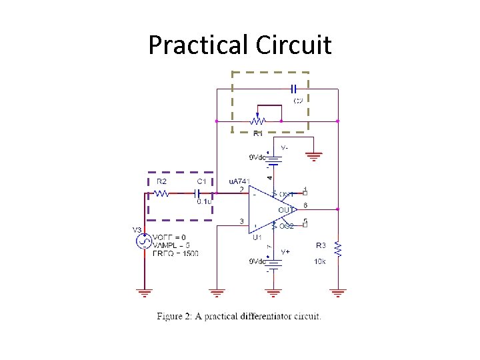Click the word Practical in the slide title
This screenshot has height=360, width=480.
coord(198,45)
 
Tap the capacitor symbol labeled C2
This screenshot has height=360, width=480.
coord(294,89)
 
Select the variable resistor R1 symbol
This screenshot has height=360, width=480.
coord(257,121)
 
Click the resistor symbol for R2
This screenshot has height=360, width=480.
coord(161,193)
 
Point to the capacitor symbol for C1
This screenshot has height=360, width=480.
coord(197,193)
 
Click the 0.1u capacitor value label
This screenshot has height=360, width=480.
coord(204,202)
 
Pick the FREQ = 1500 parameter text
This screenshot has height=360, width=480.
coord(175,253)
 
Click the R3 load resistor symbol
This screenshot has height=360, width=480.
coord(338,250)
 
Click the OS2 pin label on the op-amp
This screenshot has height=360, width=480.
coord(286,227)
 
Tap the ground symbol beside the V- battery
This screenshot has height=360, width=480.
coord(313,157)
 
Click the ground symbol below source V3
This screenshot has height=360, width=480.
coord(144,292)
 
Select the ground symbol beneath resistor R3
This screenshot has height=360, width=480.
coord(338,292)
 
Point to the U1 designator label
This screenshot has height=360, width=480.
coord(257,237)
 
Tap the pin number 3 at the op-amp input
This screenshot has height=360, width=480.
coord(241,221)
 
